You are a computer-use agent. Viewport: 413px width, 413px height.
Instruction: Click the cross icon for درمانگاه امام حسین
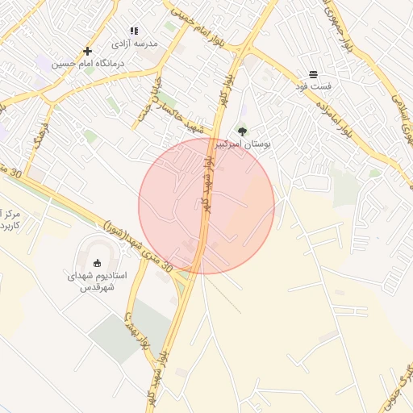[x=87, y=51]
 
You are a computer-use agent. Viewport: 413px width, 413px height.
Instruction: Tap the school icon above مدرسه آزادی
[x=134, y=31]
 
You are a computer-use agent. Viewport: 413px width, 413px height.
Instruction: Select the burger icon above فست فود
[x=313, y=74]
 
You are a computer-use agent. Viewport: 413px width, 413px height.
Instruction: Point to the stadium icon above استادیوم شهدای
[x=98, y=263]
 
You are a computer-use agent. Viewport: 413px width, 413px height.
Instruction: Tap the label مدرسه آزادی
[x=135, y=42]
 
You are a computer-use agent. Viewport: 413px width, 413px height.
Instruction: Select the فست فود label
[x=313, y=85]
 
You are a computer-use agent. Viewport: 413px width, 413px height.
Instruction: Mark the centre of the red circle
[x=206, y=206]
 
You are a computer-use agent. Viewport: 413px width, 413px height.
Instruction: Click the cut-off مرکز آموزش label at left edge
[x=10, y=220]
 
